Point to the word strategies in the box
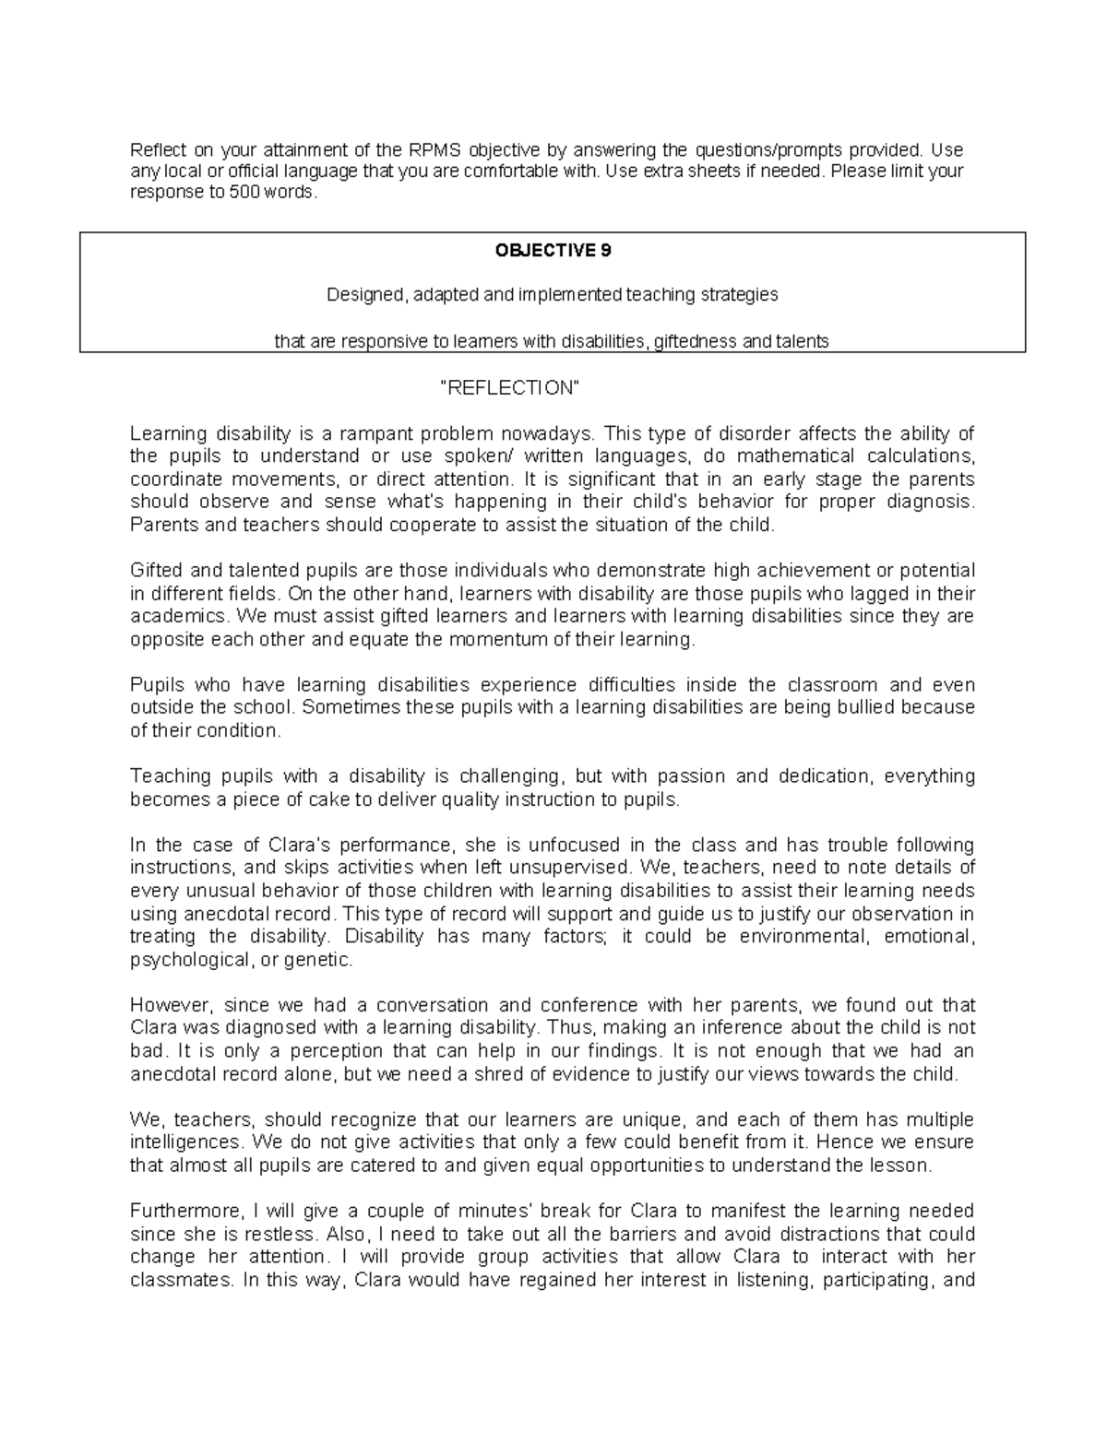coord(734,296)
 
